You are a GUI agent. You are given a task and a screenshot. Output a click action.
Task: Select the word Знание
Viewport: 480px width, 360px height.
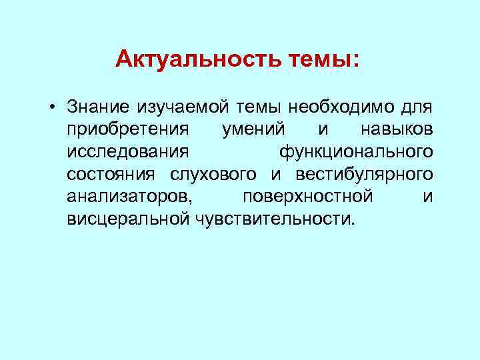click(98, 107)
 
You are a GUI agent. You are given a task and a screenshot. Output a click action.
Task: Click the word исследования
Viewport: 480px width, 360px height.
click(122, 151)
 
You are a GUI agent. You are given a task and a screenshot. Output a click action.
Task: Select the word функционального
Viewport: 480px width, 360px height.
click(356, 151)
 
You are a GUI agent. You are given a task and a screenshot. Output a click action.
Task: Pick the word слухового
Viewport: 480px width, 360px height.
click(213, 174)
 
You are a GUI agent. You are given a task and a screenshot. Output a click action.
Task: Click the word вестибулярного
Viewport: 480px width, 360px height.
click(360, 174)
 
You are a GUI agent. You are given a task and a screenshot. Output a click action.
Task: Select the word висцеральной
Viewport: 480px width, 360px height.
click(129, 219)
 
